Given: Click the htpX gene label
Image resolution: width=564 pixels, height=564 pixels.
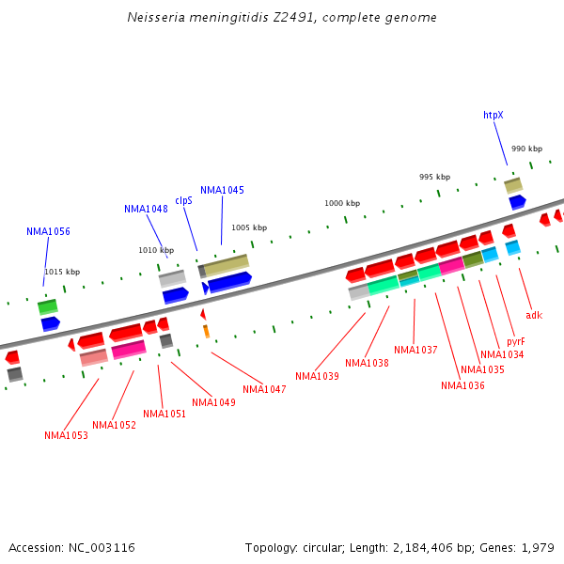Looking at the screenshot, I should click(x=493, y=115).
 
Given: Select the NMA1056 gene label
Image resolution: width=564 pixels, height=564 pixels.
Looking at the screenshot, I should click(x=48, y=231).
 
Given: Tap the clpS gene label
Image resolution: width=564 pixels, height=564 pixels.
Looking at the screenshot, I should click(x=183, y=200).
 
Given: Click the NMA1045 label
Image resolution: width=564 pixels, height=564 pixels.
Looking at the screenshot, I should click(x=222, y=190).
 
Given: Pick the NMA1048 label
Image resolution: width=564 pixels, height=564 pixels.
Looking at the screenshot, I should click(x=146, y=209).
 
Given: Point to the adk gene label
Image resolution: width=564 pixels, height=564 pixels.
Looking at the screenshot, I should click(x=534, y=315).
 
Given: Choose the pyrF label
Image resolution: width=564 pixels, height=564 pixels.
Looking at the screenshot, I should click(x=515, y=341).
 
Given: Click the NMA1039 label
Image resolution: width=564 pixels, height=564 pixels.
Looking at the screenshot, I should click(x=317, y=376).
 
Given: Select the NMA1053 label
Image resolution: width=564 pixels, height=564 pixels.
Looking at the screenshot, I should click(x=66, y=435).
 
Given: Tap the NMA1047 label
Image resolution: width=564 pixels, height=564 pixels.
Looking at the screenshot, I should click(x=264, y=389).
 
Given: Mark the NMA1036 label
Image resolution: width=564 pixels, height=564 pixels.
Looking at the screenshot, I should click(x=462, y=385).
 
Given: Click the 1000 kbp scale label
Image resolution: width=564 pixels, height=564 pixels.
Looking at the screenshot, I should click(x=342, y=203).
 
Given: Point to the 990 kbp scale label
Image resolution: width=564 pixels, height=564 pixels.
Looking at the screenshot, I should click(x=526, y=149).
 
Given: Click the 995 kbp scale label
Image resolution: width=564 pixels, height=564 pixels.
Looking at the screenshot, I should click(x=434, y=177).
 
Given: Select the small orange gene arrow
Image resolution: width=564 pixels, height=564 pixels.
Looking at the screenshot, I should click(x=206, y=331).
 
